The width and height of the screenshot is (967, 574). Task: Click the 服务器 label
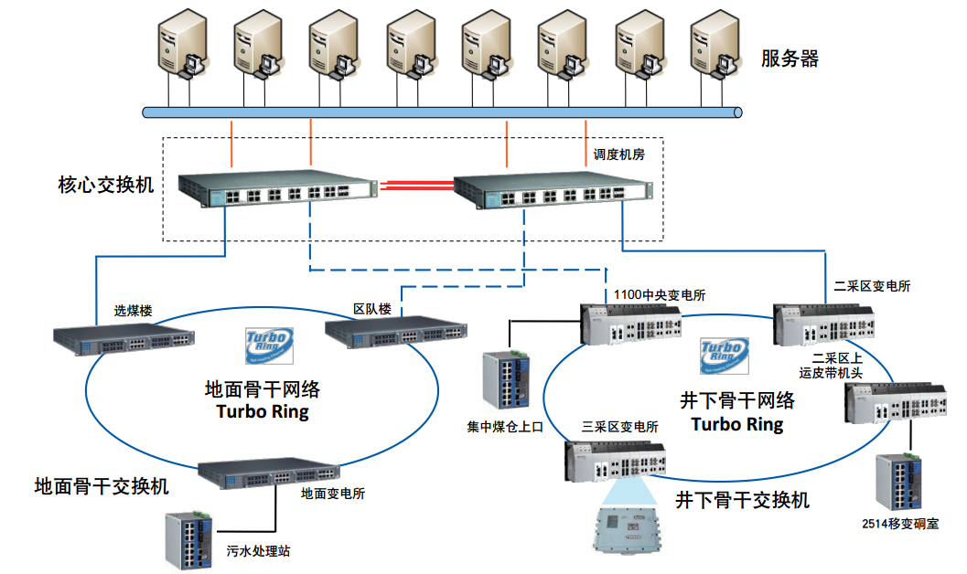pyautogui.click(x=790, y=59)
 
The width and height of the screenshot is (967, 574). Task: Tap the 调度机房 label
pyautogui.click(x=618, y=154)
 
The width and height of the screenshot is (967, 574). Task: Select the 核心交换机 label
pyautogui.click(x=105, y=186)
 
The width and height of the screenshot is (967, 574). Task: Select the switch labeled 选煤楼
pyautogui.click(x=124, y=339)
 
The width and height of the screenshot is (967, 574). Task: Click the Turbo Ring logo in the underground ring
pyautogui.click(x=724, y=356)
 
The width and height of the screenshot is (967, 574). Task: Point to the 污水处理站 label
pyautogui.click(x=259, y=552)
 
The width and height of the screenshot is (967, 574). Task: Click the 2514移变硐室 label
pyautogui.click(x=899, y=524)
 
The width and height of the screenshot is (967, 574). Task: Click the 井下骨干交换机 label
pyautogui.click(x=742, y=500)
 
